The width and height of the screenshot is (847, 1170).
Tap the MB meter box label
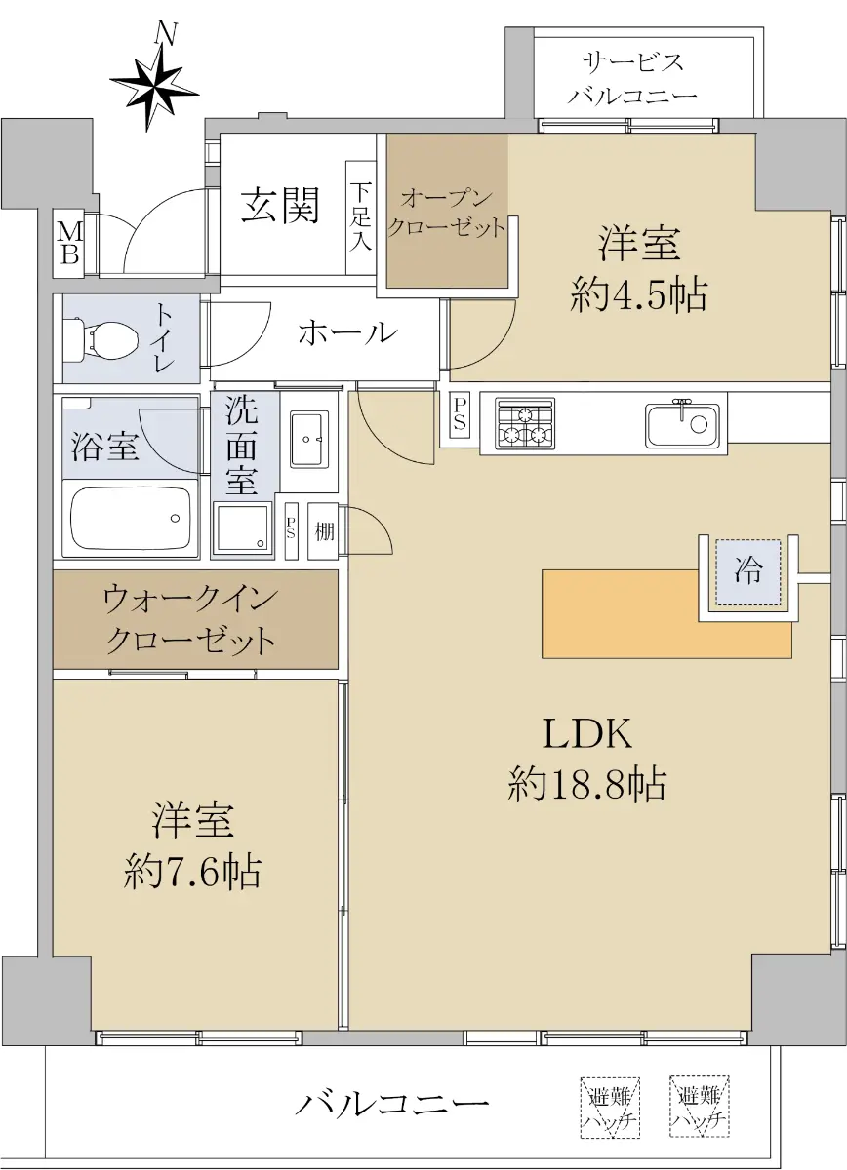(69, 244)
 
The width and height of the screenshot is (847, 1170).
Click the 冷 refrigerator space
(748, 573)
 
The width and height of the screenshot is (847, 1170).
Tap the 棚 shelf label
(324, 531)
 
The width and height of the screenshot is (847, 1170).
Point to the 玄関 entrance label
(280, 205)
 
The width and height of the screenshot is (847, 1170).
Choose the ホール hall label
(348, 333)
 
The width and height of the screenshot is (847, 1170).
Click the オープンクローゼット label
(447, 214)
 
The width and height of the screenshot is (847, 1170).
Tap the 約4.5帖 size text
(639, 295)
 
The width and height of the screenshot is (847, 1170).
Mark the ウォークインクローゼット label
(190, 620)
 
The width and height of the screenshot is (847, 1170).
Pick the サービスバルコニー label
(633, 79)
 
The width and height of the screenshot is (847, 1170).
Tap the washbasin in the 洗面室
(310, 438)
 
